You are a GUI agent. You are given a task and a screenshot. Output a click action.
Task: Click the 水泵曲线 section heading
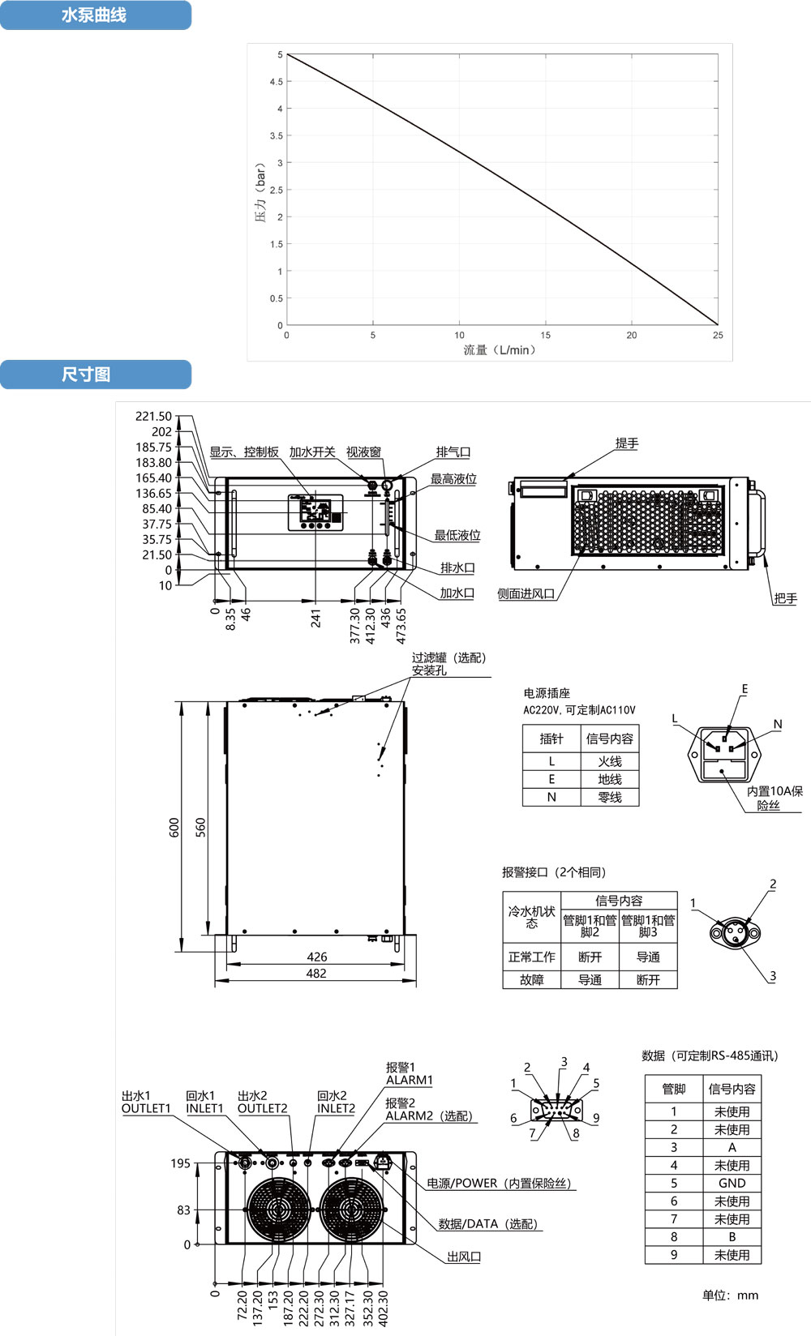click(94, 15)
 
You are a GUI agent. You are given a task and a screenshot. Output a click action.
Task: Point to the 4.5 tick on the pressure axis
click(277, 82)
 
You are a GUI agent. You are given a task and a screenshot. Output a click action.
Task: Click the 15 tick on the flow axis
click(546, 335)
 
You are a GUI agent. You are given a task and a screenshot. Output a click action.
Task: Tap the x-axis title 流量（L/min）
click(500, 350)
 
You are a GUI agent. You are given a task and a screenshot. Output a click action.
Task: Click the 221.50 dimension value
click(153, 417)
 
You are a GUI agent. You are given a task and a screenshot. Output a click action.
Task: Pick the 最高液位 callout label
click(453, 479)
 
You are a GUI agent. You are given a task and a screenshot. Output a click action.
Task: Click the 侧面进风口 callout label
click(526, 594)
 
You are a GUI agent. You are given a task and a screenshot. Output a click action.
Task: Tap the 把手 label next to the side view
click(785, 599)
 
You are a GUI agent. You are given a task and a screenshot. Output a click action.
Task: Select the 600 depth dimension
click(174, 827)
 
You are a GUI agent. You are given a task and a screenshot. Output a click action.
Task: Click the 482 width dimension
click(316, 974)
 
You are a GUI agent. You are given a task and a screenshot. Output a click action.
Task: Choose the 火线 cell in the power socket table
click(610, 761)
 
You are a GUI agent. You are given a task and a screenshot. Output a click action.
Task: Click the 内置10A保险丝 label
click(774, 798)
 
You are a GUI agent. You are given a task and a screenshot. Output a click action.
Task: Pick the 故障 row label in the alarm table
click(531, 979)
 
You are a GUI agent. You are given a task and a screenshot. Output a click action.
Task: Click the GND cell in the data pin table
click(732, 1183)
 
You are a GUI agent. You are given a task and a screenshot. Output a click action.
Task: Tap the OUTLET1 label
click(146, 1108)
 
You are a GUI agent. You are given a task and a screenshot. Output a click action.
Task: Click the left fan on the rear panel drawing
click(278, 1209)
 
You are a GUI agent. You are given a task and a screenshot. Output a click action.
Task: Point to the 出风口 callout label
click(464, 1257)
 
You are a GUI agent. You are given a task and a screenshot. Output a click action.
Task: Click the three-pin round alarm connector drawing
click(735, 932)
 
